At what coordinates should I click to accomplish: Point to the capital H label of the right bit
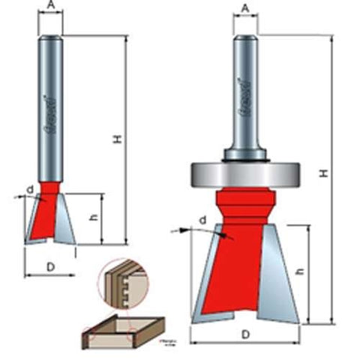tap(322, 172)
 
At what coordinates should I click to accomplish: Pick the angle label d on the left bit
tap(30, 190)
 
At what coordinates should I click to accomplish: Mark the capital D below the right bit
tap(246, 334)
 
